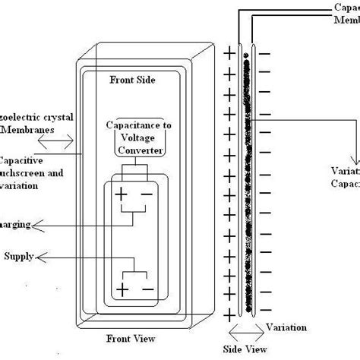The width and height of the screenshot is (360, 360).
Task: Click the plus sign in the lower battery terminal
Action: tap(121, 289)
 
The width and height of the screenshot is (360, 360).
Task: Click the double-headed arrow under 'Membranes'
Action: tap(61, 141)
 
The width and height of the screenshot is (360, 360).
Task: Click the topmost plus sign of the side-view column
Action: tap(228, 53)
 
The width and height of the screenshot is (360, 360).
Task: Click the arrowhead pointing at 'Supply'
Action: tap(42, 257)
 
